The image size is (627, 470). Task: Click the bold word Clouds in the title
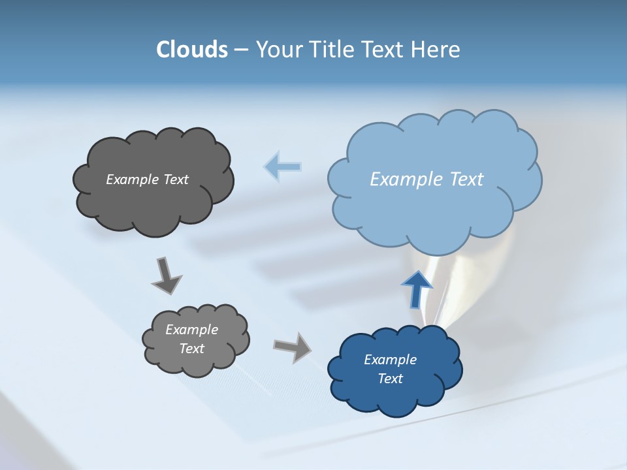[192, 50]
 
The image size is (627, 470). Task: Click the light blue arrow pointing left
[283, 167]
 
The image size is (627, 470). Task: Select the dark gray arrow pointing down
[166, 275]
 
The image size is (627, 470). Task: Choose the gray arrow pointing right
[292, 347]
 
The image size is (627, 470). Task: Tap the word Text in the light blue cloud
[466, 180]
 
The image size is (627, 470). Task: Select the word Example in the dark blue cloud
[390, 360]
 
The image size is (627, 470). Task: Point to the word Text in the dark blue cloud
[390, 379]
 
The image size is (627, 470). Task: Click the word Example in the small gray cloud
[191, 330]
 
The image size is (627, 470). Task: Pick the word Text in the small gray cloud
[191, 349]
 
